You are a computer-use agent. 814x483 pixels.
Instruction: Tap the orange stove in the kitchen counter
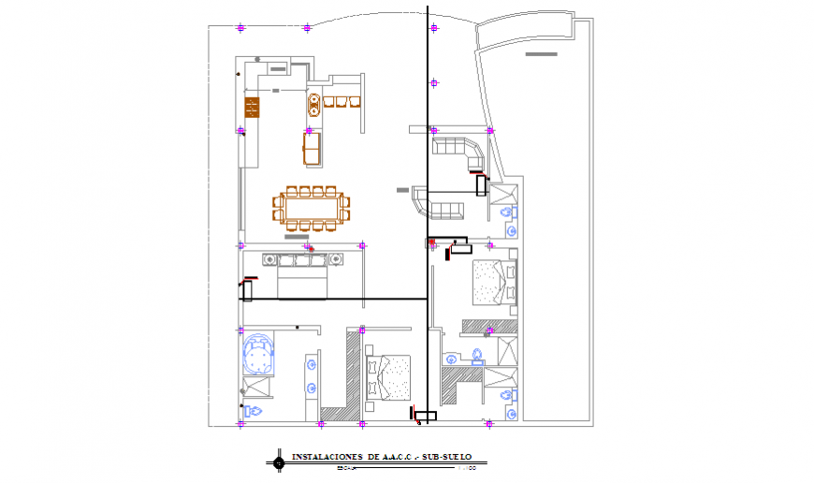tap(251, 109)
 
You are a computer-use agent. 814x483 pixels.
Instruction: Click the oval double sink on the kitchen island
tap(313, 105)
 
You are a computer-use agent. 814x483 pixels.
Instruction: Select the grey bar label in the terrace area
tap(542, 54)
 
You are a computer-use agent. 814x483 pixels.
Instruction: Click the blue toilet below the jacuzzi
tap(252, 410)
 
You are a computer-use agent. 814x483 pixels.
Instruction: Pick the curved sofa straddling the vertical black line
tap(440, 204)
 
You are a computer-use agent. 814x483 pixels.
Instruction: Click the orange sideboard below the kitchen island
tap(311, 149)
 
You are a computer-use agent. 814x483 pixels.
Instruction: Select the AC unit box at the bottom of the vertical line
tap(426, 417)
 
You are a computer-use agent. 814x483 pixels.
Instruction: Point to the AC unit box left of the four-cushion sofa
tap(248, 291)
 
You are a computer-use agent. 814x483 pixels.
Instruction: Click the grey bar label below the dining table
tap(296, 238)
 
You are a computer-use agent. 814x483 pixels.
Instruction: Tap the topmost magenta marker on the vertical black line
tap(434, 28)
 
